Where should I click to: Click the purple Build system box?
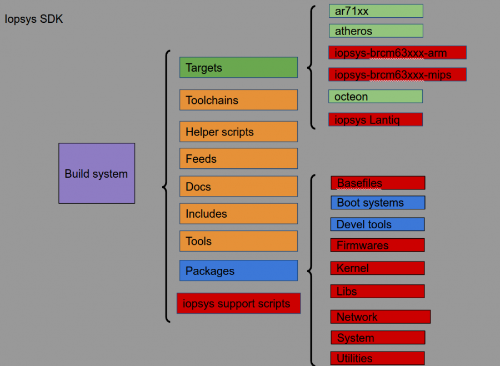[x=97, y=173]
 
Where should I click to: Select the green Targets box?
[x=238, y=67]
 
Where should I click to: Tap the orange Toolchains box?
[x=238, y=100]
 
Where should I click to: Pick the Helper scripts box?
[x=238, y=132]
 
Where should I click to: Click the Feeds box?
[x=238, y=158]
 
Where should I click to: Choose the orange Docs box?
[x=238, y=186]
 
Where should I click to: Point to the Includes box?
[x=238, y=213]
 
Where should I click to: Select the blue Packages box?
[x=238, y=270]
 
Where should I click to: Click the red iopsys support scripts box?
[x=238, y=303]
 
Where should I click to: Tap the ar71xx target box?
[x=376, y=11]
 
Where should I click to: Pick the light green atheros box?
[x=376, y=31]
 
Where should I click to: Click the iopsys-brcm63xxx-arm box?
[x=397, y=53]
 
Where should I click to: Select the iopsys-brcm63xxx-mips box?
[x=397, y=74]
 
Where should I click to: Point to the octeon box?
[x=376, y=96]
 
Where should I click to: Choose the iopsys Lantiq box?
[x=376, y=119]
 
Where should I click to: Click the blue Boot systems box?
[x=378, y=202]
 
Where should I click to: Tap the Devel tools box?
[x=377, y=224]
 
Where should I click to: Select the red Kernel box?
[x=377, y=268]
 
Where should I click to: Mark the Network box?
[x=381, y=317]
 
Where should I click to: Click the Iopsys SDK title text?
[x=34, y=19]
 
